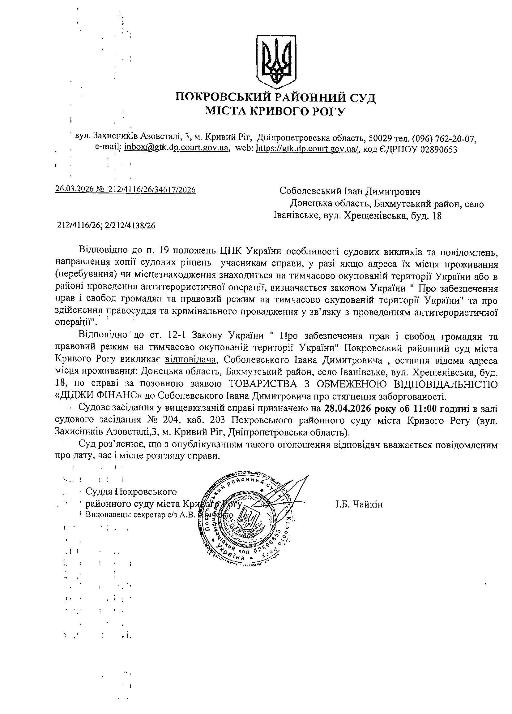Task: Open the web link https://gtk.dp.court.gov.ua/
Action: [x=308, y=148]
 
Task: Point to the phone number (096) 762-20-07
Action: [x=442, y=138]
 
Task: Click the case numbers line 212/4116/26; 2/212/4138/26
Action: [x=106, y=225]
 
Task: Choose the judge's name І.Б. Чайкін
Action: [x=359, y=504]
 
